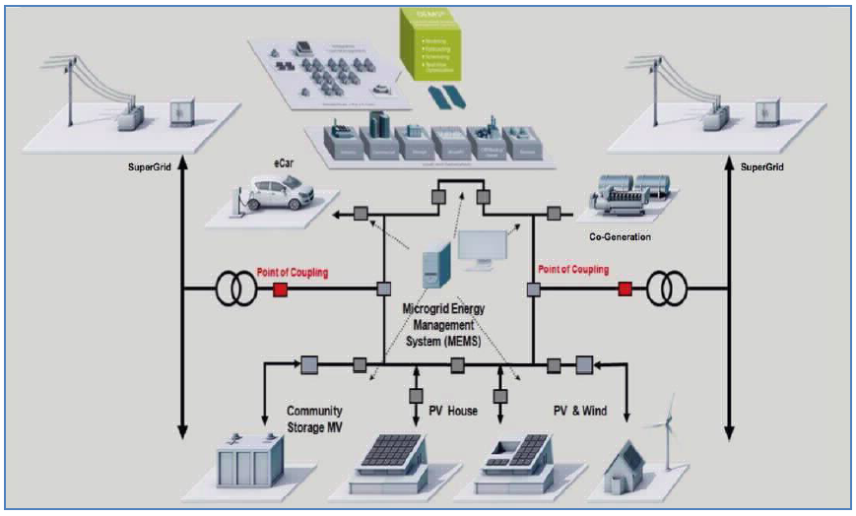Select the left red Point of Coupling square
279,290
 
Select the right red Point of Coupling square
625,290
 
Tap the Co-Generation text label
617,237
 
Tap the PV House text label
452,411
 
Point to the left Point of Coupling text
293,271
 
